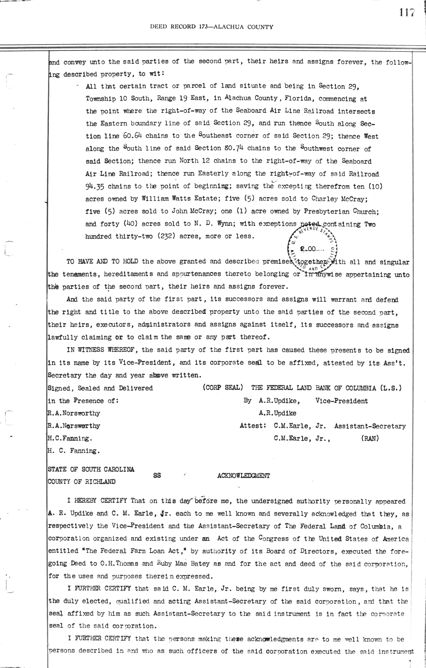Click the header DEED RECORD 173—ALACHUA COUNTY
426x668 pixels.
(x=212, y=27)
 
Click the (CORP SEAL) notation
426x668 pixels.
(x=222, y=388)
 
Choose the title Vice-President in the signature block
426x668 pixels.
(x=341, y=401)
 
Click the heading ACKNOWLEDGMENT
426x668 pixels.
(x=243, y=476)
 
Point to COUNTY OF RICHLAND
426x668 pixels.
(x=82, y=482)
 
